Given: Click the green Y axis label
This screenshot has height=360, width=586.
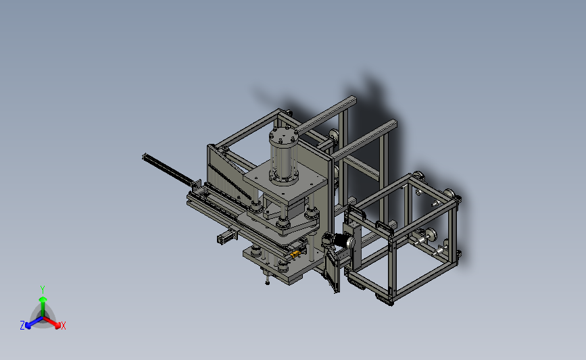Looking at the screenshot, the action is click(42, 290).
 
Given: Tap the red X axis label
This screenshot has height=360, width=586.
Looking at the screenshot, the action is click(63, 326).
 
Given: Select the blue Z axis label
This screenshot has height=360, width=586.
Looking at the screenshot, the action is click(22, 326).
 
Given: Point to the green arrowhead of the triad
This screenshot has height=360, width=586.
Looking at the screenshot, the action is click(43, 299).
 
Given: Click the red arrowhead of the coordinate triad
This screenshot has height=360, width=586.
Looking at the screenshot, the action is click(57, 326).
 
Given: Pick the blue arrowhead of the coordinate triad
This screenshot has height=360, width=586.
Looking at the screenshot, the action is click(28, 326).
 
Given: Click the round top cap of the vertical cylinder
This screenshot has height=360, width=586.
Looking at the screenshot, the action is click(284, 136).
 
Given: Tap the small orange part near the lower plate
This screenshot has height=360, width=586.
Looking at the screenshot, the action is click(295, 255).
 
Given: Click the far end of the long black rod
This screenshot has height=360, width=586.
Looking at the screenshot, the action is click(144, 157).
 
